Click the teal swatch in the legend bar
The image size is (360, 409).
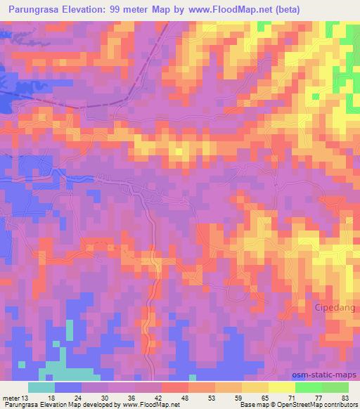pos(41,387)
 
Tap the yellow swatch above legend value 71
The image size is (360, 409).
pos(282,387)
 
